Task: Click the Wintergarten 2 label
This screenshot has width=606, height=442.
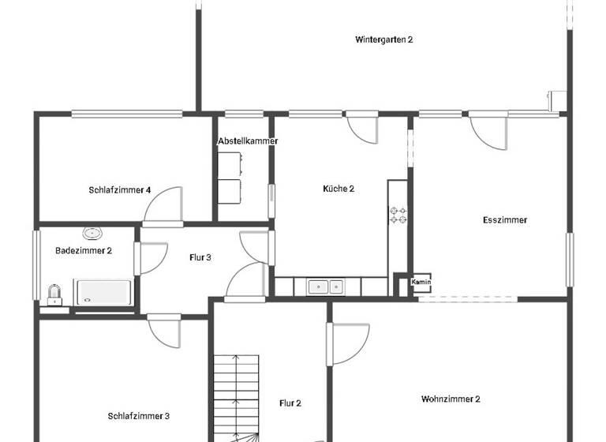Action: click(x=384, y=39)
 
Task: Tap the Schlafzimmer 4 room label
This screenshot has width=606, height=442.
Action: click(x=120, y=190)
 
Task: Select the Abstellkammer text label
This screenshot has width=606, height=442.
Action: click(x=248, y=140)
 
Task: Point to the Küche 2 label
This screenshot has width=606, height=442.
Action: click(x=339, y=189)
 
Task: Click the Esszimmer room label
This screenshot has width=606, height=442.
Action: click(x=504, y=220)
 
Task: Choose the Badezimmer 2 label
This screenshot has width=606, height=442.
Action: click(x=84, y=250)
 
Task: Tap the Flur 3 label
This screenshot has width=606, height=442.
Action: click(x=200, y=257)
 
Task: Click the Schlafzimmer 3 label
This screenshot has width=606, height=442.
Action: click(x=139, y=416)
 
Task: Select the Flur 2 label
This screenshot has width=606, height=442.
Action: click(x=290, y=403)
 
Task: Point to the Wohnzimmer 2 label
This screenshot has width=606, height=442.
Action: click(x=451, y=399)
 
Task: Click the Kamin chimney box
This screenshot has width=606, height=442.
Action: click(x=421, y=282)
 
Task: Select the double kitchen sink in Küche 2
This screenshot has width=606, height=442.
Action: click(x=325, y=287)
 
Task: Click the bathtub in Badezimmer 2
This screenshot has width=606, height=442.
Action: click(x=103, y=291)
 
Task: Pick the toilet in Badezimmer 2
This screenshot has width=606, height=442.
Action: click(x=54, y=294)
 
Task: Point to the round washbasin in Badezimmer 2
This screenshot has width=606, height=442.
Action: click(x=93, y=233)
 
